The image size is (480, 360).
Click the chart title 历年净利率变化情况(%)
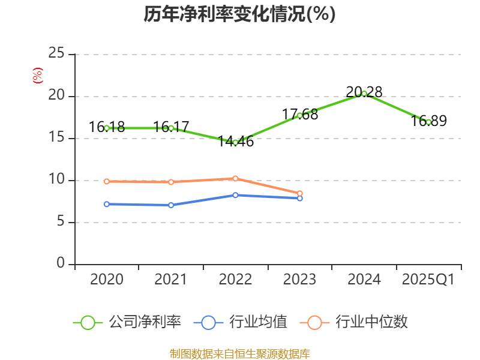pos(239,14)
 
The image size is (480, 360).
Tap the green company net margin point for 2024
pos(364,94)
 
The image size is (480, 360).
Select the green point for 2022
pos(235,142)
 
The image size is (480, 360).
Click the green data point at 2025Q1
pos(428,122)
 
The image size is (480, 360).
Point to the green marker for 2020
pos(107,128)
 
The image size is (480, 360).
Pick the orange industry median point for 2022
pos(235,178)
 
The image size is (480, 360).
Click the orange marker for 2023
pos(299,193)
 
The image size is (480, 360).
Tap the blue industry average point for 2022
pos(235,195)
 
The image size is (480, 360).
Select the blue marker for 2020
pos(107,204)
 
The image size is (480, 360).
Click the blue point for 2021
pos(171,205)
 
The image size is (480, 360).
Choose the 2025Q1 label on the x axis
pos(428,280)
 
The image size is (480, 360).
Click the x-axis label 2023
pos(299,280)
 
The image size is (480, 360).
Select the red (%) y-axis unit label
pos(37,76)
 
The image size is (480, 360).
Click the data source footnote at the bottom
pos(239,353)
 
